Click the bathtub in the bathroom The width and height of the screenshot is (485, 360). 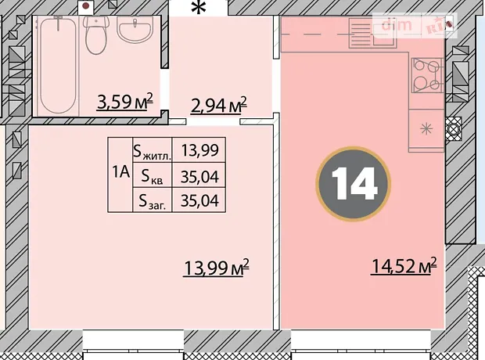point(58,65)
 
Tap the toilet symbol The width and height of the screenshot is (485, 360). point(96,35)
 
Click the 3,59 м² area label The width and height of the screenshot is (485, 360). point(124,102)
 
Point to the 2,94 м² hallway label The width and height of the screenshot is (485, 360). point(219,106)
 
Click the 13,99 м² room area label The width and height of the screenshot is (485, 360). point(216,268)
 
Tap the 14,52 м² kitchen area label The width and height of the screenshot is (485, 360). point(404,265)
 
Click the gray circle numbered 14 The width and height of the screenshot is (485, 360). point(354,184)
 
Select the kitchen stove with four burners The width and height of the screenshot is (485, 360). point(427,75)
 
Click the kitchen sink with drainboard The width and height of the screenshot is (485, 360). point(372,33)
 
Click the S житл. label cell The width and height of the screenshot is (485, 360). point(153,149)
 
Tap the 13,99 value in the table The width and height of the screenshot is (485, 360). point(199,149)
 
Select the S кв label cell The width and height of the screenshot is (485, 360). point(153,175)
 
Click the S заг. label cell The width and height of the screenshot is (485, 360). point(153,200)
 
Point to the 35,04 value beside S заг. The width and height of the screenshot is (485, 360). point(199,200)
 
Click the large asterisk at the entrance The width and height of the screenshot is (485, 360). point(198,7)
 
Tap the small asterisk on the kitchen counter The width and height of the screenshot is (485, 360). point(426,128)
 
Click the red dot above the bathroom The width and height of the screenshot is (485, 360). point(86,5)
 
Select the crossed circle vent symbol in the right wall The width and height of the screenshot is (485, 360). point(453,128)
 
